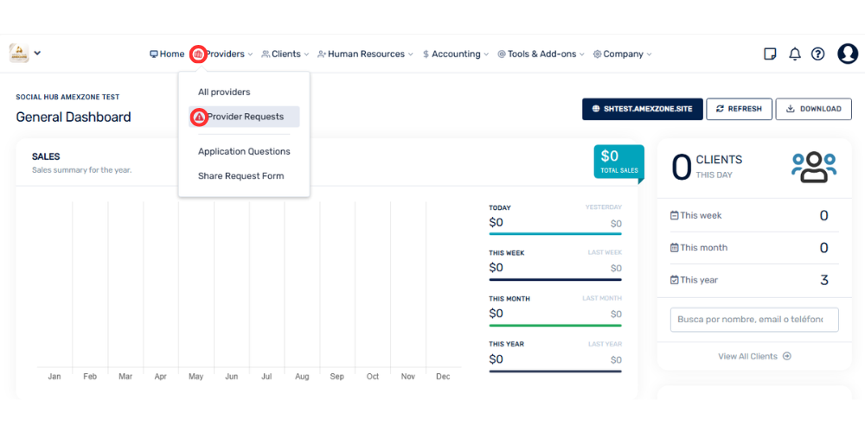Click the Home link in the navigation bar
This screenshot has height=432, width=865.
(x=167, y=54)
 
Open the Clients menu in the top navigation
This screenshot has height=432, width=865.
(x=285, y=54)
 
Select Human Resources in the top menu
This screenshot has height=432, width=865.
(x=365, y=54)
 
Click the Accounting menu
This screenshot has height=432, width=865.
(x=456, y=54)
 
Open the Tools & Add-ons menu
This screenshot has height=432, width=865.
(x=541, y=54)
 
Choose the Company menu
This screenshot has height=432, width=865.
(x=622, y=54)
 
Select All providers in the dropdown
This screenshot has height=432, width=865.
(x=224, y=92)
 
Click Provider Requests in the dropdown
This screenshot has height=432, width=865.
(x=245, y=117)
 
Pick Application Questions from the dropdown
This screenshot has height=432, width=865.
(x=244, y=151)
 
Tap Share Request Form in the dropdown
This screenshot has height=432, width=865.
(x=240, y=176)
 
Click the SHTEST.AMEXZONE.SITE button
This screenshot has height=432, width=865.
(x=643, y=109)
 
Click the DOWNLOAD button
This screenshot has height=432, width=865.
(x=814, y=109)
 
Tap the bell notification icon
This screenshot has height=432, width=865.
(x=794, y=54)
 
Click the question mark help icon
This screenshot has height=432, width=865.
(x=817, y=54)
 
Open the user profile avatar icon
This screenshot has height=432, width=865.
(x=848, y=54)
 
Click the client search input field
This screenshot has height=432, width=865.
(x=754, y=320)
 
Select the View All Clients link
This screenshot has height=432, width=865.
(x=754, y=356)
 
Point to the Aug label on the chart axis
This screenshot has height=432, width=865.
(x=302, y=377)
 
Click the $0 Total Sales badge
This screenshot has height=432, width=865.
(x=619, y=162)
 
